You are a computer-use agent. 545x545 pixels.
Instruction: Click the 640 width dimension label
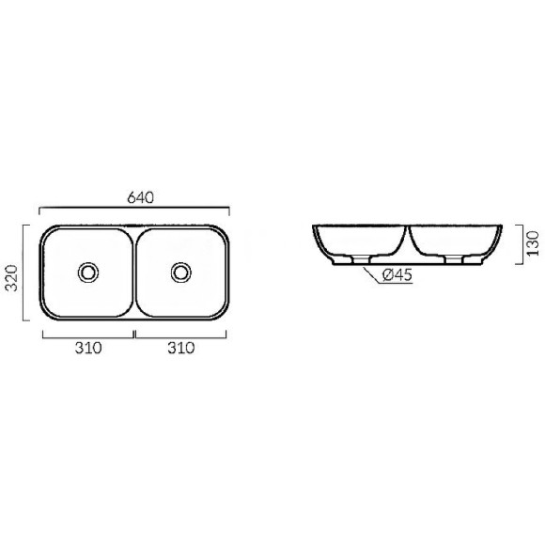[x=140, y=197]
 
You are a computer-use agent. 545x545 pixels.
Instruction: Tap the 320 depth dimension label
[x=11, y=278]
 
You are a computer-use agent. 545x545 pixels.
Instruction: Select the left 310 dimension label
[x=88, y=348]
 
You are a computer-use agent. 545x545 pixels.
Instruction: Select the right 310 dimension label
[x=181, y=348]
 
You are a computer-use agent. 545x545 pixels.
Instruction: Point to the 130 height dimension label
[x=533, y=243]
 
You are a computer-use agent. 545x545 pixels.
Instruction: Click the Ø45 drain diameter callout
[x=397, y=275]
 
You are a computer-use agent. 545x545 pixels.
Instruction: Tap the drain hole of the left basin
[x=88, y=272]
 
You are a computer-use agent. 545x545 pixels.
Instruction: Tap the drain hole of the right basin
[x=181, y=272]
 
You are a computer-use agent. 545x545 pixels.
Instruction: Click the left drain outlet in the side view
[x=361, y=260]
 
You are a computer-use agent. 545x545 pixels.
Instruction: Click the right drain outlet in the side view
[x=454, y=260]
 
